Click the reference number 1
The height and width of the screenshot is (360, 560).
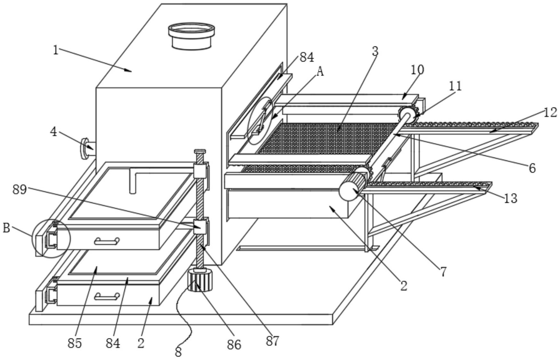tap(56, 50)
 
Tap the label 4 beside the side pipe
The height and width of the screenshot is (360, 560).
tap(53, 131)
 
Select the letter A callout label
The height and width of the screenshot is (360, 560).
tap(320, 72)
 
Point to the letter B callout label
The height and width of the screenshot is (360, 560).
tap(6, 228)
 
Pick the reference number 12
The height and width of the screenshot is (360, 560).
tap(550, 112)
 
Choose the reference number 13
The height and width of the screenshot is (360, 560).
tap(510, 199)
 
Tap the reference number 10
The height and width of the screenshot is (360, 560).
tap(417, 70)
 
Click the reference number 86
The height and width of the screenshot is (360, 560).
tap(234, 345)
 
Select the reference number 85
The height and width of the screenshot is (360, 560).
tap(75, 343)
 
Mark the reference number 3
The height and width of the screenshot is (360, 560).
tap(375, 51)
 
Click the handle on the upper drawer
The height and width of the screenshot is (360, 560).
tap(107, 241)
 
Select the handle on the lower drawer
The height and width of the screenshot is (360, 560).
tap(107, 297)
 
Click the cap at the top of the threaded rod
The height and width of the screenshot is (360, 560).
tap(199, 151)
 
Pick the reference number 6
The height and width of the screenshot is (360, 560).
tap(532, 168)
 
